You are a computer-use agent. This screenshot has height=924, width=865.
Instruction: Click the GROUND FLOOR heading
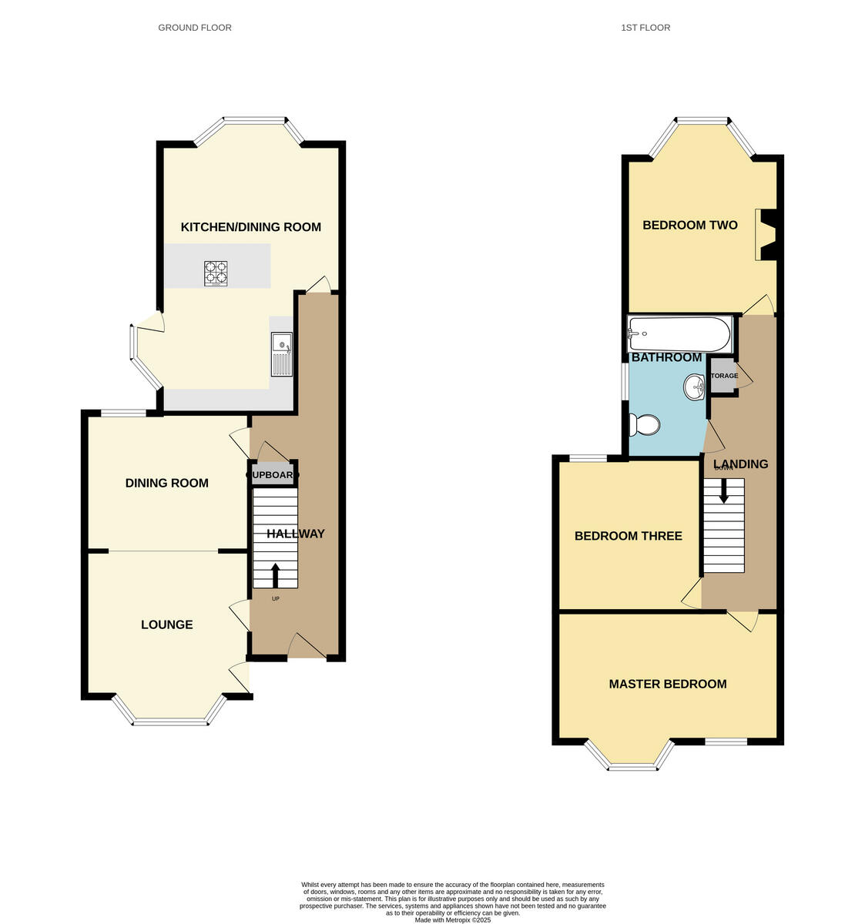pos(194,28)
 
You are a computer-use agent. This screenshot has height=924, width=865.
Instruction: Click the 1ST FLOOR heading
pos(645,28)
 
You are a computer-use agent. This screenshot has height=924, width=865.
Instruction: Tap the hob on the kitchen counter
pos(216,273)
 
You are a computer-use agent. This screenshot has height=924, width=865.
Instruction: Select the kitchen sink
pos(282,354)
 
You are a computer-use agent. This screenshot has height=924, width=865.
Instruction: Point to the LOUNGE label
pos(166,624)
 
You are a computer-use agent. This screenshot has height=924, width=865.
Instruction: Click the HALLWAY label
pos(296,534)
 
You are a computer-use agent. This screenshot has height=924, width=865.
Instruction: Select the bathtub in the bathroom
pos(679,333)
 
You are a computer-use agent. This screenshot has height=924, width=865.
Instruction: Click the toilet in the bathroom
pos(645,424)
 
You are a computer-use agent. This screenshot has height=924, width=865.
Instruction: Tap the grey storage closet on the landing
pos(723,376)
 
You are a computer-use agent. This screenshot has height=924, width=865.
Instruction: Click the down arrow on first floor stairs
pos(723,490)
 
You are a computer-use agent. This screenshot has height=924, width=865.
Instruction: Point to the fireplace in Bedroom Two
pos(766,235)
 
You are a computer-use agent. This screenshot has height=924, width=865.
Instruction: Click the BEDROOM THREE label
pos(628,536)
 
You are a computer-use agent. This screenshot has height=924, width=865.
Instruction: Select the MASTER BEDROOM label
pos(667,684)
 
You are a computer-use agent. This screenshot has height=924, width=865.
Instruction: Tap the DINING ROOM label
pos(166,484)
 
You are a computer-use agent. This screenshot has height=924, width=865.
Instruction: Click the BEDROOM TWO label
pos(689,226)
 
